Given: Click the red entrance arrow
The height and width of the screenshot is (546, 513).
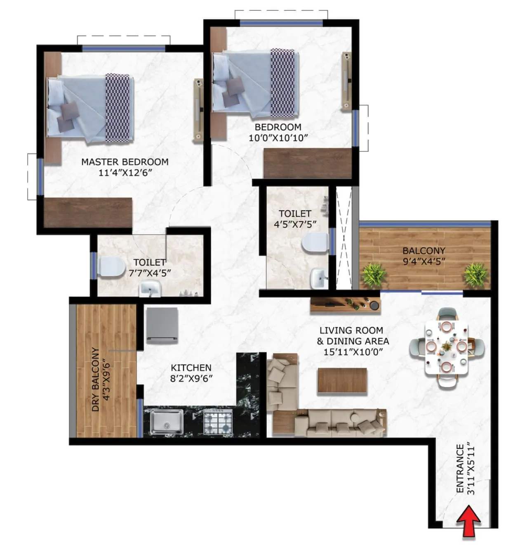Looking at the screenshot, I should point(469,522).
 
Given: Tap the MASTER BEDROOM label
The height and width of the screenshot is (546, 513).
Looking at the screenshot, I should point(125,162).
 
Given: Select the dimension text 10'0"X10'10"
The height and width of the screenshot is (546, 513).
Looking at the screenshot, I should point(278,138).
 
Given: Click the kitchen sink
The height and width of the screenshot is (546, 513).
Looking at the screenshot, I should point(167,422).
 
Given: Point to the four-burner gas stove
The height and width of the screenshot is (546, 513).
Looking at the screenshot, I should point(218,422).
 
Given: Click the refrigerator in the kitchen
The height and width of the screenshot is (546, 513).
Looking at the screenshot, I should point(162,325).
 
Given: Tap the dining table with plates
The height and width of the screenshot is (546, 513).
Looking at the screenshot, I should point(447,347).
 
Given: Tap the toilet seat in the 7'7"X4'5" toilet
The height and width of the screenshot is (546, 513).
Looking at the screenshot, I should point(111,267).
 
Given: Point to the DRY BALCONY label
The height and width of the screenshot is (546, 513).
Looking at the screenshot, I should point(95,379).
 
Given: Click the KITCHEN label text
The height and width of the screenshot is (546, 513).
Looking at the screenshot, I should point(191,368).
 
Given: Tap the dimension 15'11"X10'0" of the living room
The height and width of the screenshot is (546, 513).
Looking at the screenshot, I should point(353,352).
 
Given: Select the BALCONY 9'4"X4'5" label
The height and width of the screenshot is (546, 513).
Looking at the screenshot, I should point(424,256).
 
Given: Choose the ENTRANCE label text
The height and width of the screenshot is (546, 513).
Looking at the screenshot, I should point(460,468).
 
